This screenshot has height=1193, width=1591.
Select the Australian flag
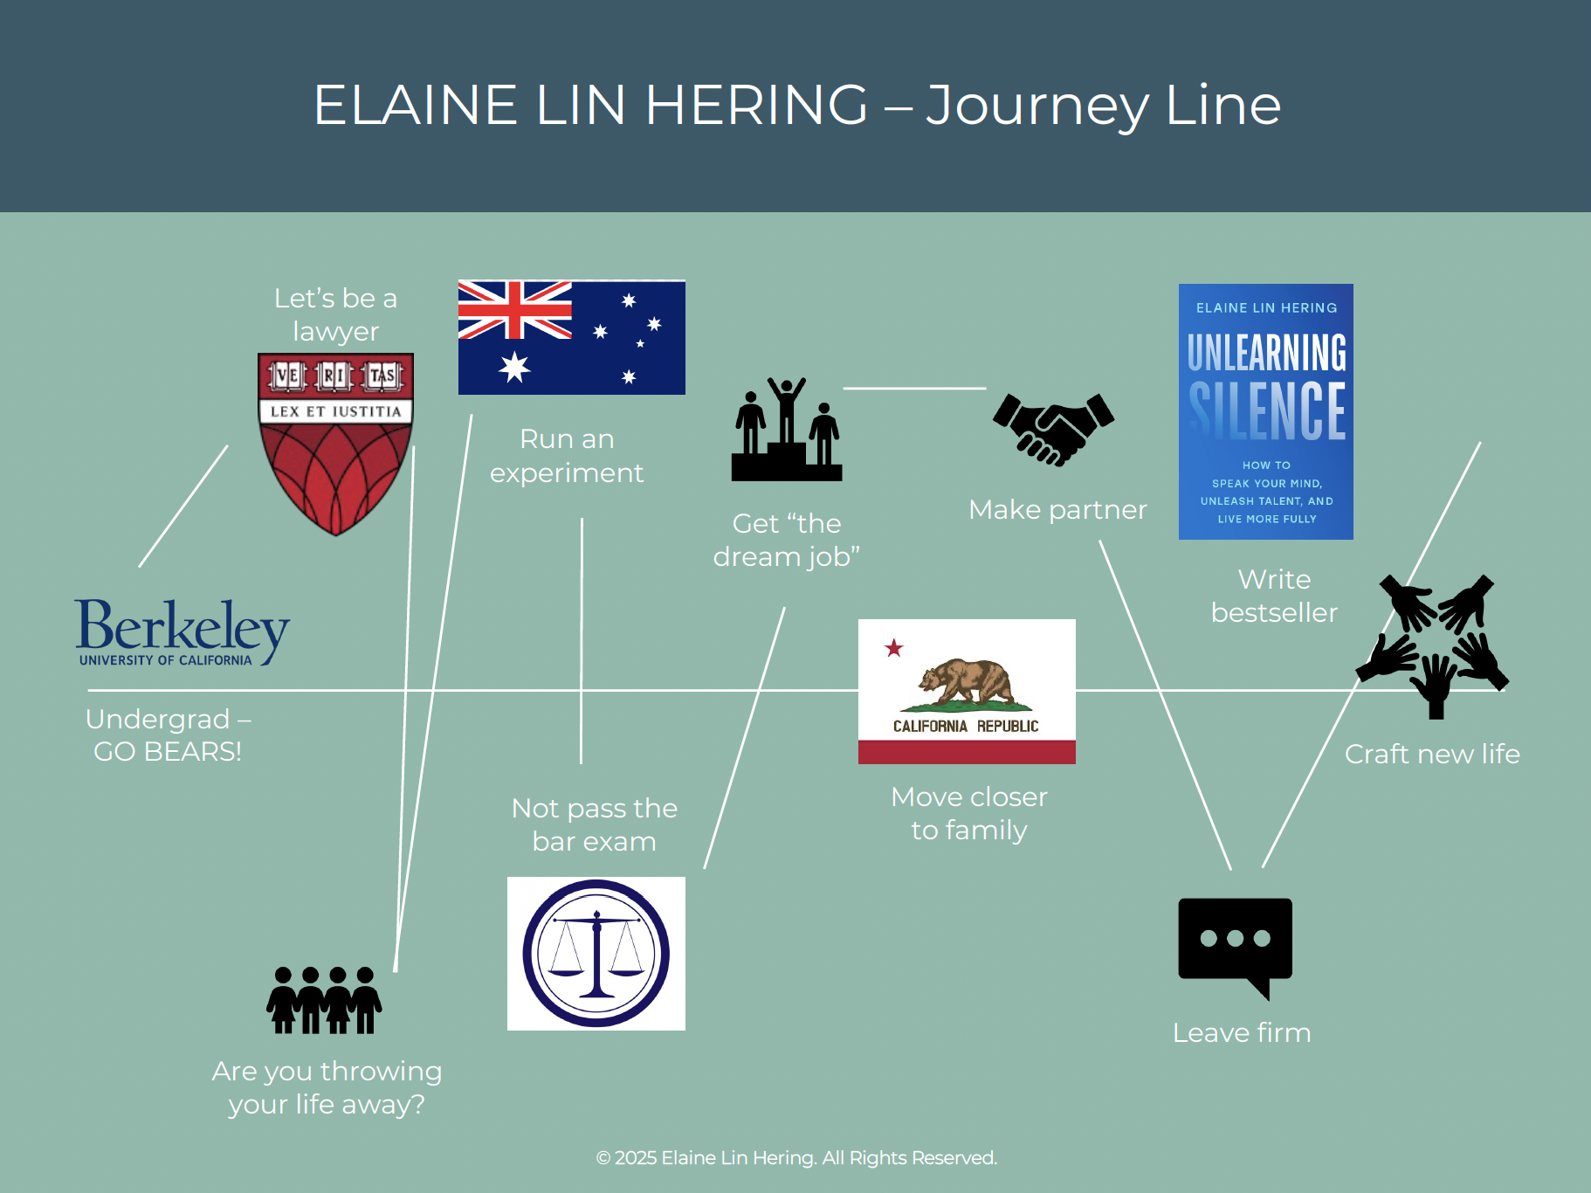(571, 337)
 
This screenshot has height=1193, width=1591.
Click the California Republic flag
(967, 692)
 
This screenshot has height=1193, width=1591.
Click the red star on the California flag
(893, 648)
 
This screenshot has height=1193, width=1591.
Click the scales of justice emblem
(596, 954)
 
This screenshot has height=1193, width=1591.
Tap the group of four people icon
(324, 1000)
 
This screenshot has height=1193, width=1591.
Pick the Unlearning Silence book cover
(1265, 411)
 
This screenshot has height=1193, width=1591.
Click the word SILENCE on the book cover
(1266, 410)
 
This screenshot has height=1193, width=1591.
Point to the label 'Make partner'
(1057, 509)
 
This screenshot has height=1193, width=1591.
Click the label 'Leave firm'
(1241, 1032)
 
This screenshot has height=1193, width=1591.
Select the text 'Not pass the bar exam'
(594, 824)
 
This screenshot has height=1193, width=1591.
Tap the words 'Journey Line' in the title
(1103, 105)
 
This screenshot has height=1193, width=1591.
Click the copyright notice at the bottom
(795, 1158)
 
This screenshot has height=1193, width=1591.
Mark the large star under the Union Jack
(514, 367)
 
